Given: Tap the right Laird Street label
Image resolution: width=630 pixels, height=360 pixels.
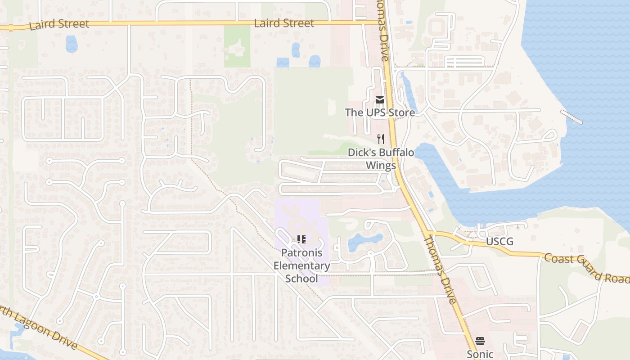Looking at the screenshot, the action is tap(284, 23).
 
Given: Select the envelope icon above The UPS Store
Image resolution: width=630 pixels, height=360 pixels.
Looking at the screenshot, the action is tap(380, 100).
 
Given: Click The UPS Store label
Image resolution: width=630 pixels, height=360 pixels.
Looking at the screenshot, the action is tap(380, 112).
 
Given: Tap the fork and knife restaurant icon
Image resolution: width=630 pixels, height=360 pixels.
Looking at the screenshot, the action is tap(381, 139).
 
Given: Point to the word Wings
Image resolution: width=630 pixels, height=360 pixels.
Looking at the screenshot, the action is tap(381, 165).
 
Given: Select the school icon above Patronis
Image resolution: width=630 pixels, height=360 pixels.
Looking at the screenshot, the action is tap(301, 239).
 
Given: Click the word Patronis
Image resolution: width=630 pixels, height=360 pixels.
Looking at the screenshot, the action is tap(302, 253).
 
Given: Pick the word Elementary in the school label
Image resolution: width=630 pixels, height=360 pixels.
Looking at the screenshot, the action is tap(302, 265).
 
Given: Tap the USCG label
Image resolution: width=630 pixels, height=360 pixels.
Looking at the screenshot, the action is tap(499, 242).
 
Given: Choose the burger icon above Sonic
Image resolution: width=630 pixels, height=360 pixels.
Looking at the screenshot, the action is tap(480, 341).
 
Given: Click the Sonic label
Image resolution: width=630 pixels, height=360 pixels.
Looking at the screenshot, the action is tap(480, 354).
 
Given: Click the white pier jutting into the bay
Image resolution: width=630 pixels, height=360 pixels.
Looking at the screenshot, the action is tap(571, 117).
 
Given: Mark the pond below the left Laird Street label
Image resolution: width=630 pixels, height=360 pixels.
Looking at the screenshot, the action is tap(72, 44).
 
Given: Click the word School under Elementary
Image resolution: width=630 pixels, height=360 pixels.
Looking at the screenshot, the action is tap(302, 278).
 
